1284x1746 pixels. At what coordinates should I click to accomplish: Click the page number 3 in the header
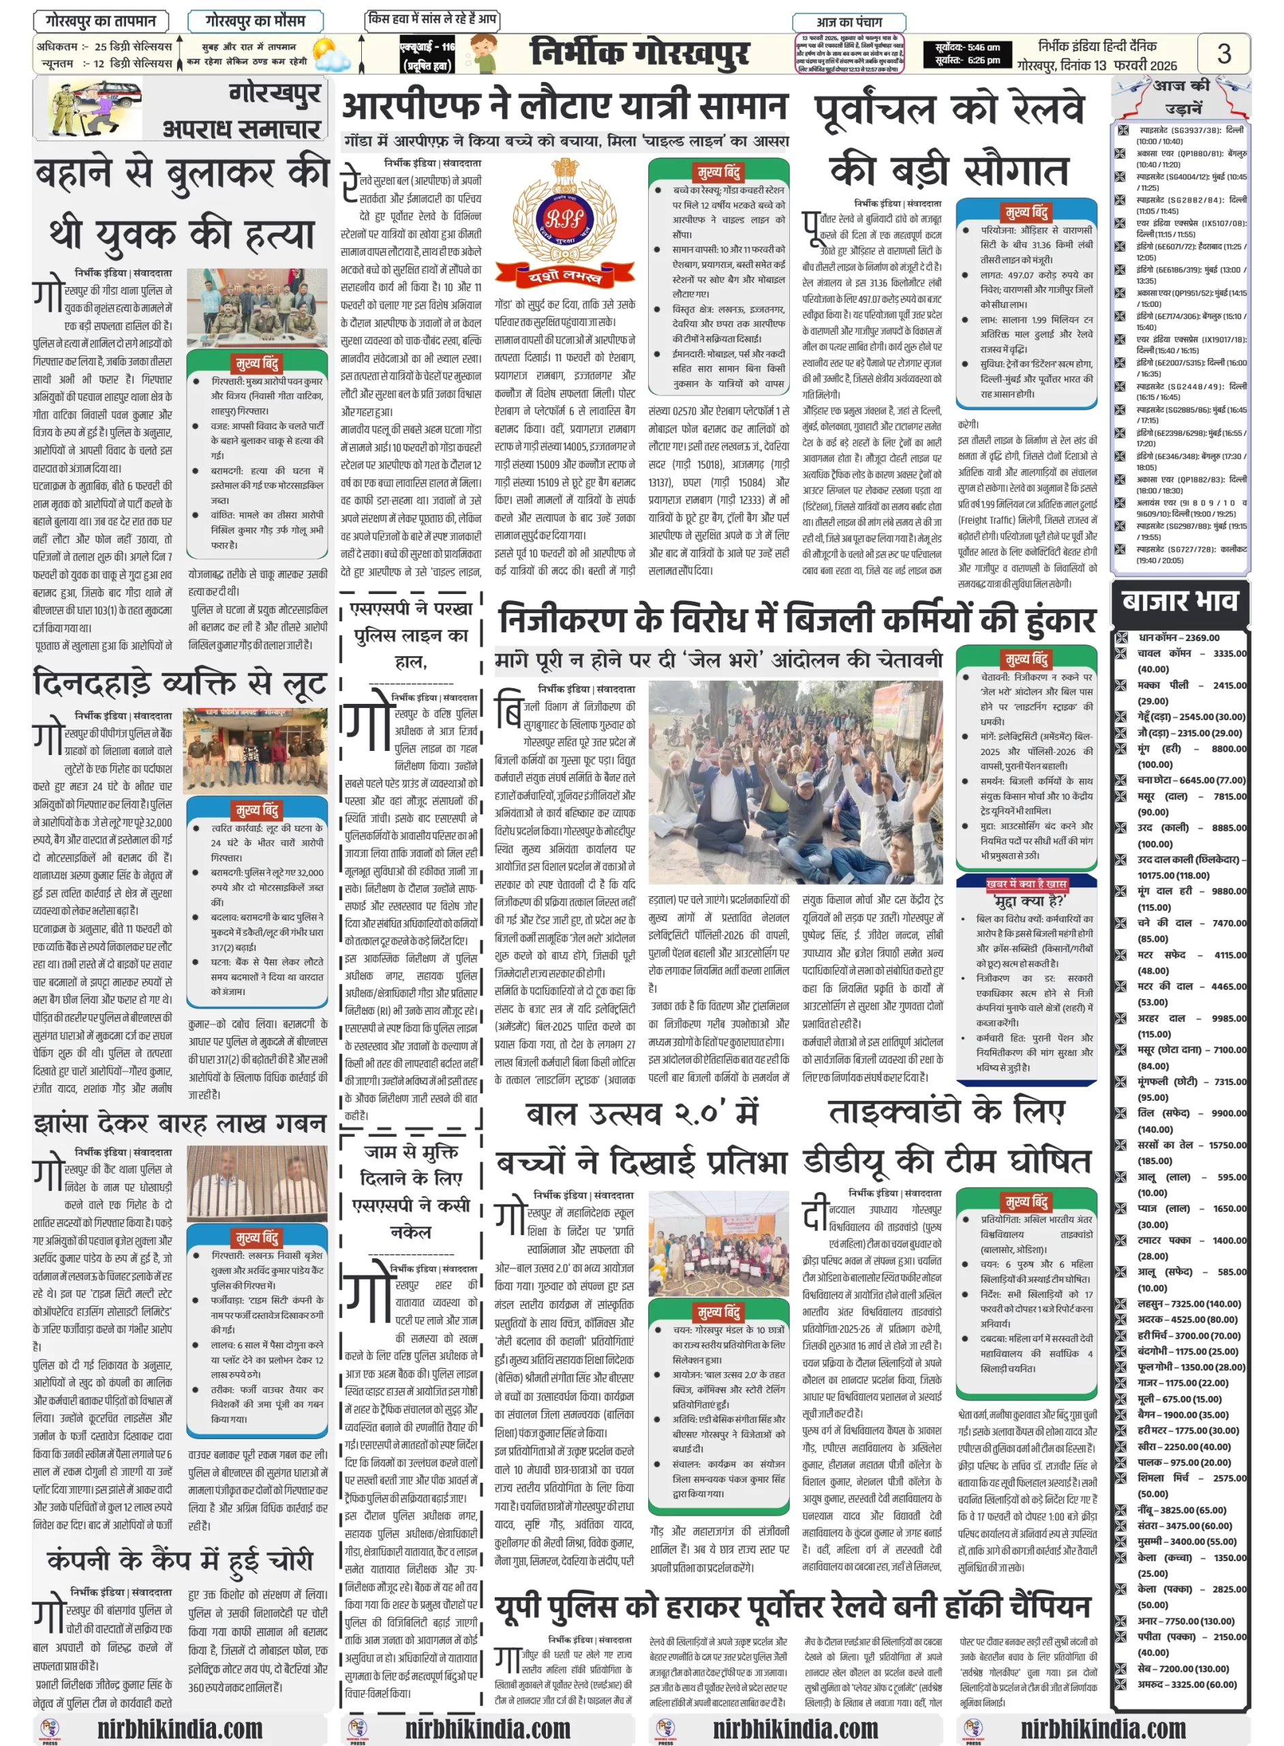tap(1223, 53)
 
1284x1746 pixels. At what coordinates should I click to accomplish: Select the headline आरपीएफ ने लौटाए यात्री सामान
tap(565, 106)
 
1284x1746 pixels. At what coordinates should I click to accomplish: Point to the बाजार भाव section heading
tap(1179, 601)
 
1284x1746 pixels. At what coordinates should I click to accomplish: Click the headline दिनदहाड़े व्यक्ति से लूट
tap(179, 684)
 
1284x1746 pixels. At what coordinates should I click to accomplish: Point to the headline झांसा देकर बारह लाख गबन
tap(179, 1123)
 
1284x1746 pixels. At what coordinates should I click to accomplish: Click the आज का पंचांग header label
tap(849, 22)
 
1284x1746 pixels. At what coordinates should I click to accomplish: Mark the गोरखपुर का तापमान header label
tap(101, 20)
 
